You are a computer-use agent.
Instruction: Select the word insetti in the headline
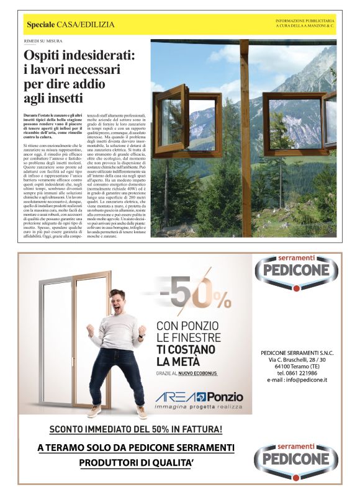click(x=63, y=98)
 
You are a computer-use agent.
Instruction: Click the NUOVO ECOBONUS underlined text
click(x=199, y=373)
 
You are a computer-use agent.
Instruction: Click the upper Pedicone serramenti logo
click(x=296, y=272)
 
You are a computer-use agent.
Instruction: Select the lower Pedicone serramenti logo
click(x=296, y=456)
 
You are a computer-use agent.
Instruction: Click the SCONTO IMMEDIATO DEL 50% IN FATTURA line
click(x=135, y=429)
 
